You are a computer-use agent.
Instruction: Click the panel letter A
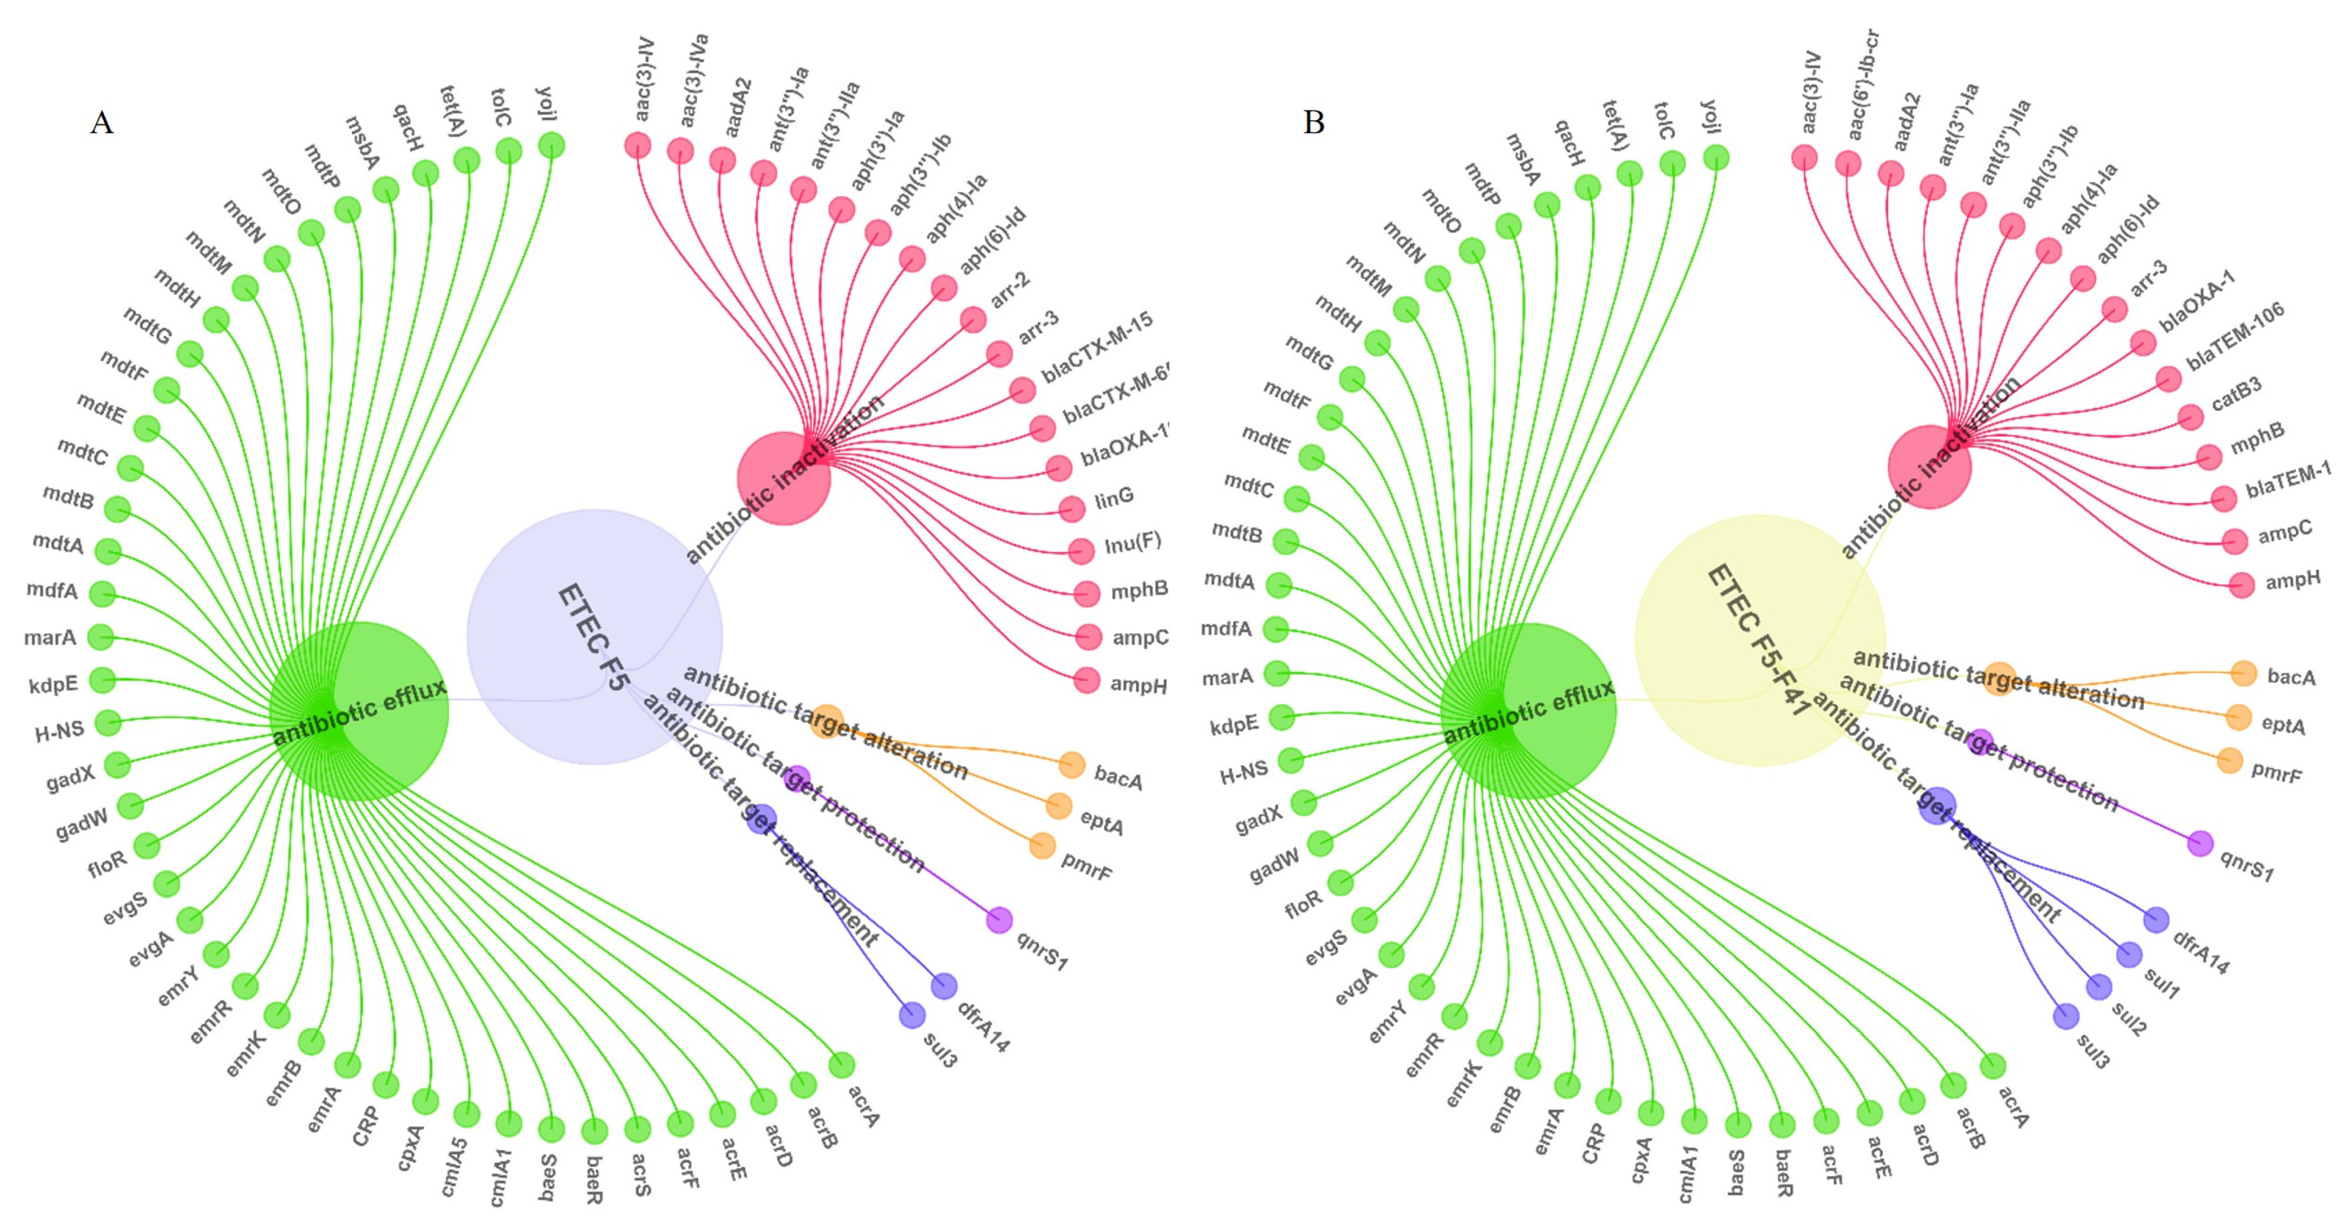101,122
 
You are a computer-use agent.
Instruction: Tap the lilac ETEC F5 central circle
594,636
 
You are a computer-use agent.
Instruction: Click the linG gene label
1114,499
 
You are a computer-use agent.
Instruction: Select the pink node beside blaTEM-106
2168,378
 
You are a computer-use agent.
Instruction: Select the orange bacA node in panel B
2243,673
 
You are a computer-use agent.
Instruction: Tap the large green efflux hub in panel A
359,712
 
